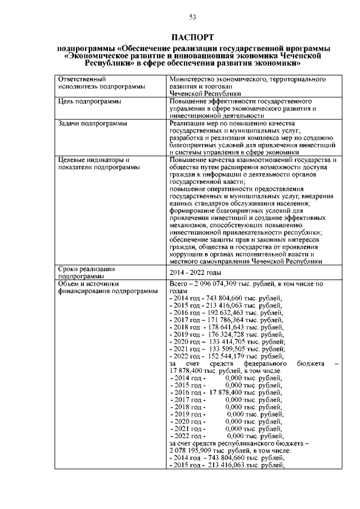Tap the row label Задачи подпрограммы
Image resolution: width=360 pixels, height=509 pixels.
click(x=92, y=123)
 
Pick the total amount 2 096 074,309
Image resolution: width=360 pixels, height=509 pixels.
click(x=221, y=284)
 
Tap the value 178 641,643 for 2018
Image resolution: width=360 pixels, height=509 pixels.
click(x=228, y=326)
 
